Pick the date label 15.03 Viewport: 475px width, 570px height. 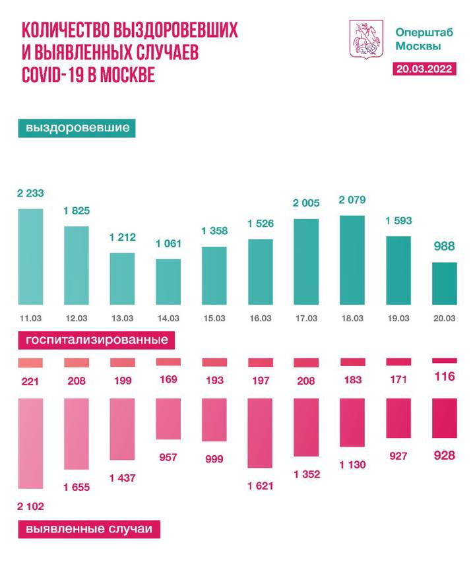[214, 318]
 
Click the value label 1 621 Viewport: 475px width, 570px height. [260, 486]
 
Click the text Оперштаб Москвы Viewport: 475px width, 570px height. [418, 39]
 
